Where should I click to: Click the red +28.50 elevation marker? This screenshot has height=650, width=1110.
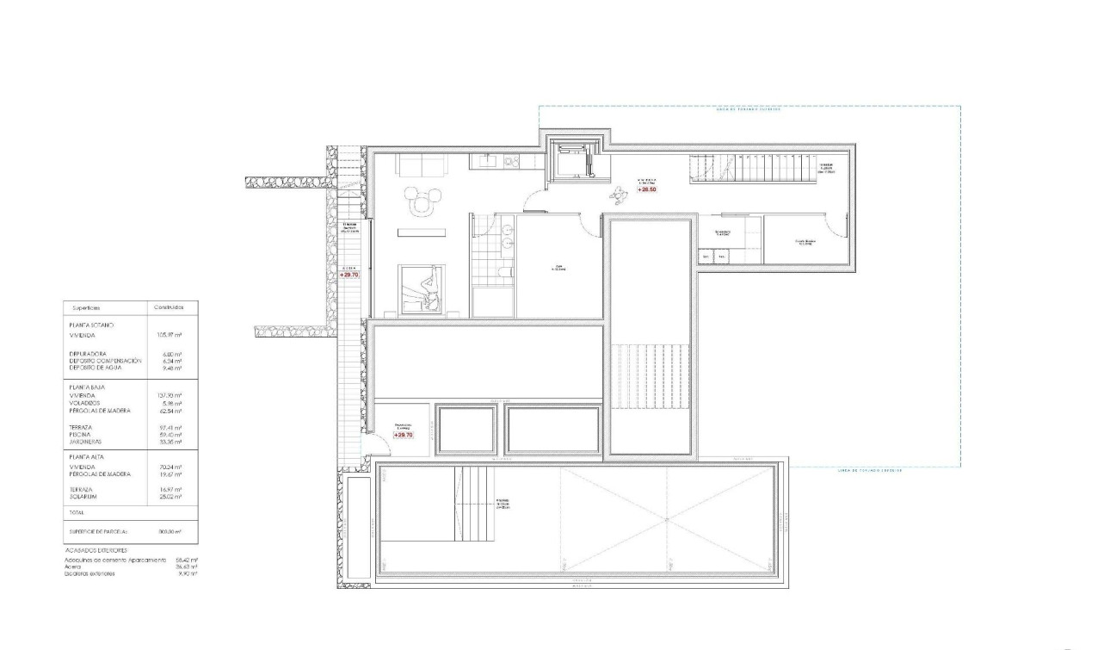[x=647, y=189]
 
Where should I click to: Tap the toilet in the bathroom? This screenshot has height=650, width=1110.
[x=504, y=273]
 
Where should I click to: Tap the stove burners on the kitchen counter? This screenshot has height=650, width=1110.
[x=512, y=161]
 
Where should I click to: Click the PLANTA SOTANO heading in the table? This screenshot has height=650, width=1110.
[x=90, y=325]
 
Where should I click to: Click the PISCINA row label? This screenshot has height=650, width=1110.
[x=80, y=436]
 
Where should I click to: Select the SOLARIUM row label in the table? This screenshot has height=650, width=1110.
[x=83, y=496]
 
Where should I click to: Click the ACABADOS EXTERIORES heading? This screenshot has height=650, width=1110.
[x=96, y=549]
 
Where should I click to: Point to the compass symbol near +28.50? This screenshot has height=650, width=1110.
[x=617, y=194]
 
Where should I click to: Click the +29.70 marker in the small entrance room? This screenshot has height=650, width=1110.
[x=403, y=436]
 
